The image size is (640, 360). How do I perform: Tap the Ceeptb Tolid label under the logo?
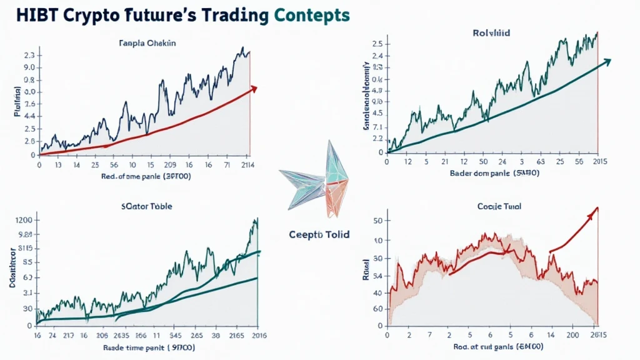coord(319,234)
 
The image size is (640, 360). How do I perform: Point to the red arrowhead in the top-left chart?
coord(253,89)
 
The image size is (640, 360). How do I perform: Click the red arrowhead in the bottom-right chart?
coord(594,211)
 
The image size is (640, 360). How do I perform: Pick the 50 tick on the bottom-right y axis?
coord(377,220)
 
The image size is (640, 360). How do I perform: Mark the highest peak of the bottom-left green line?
coord(255,221)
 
